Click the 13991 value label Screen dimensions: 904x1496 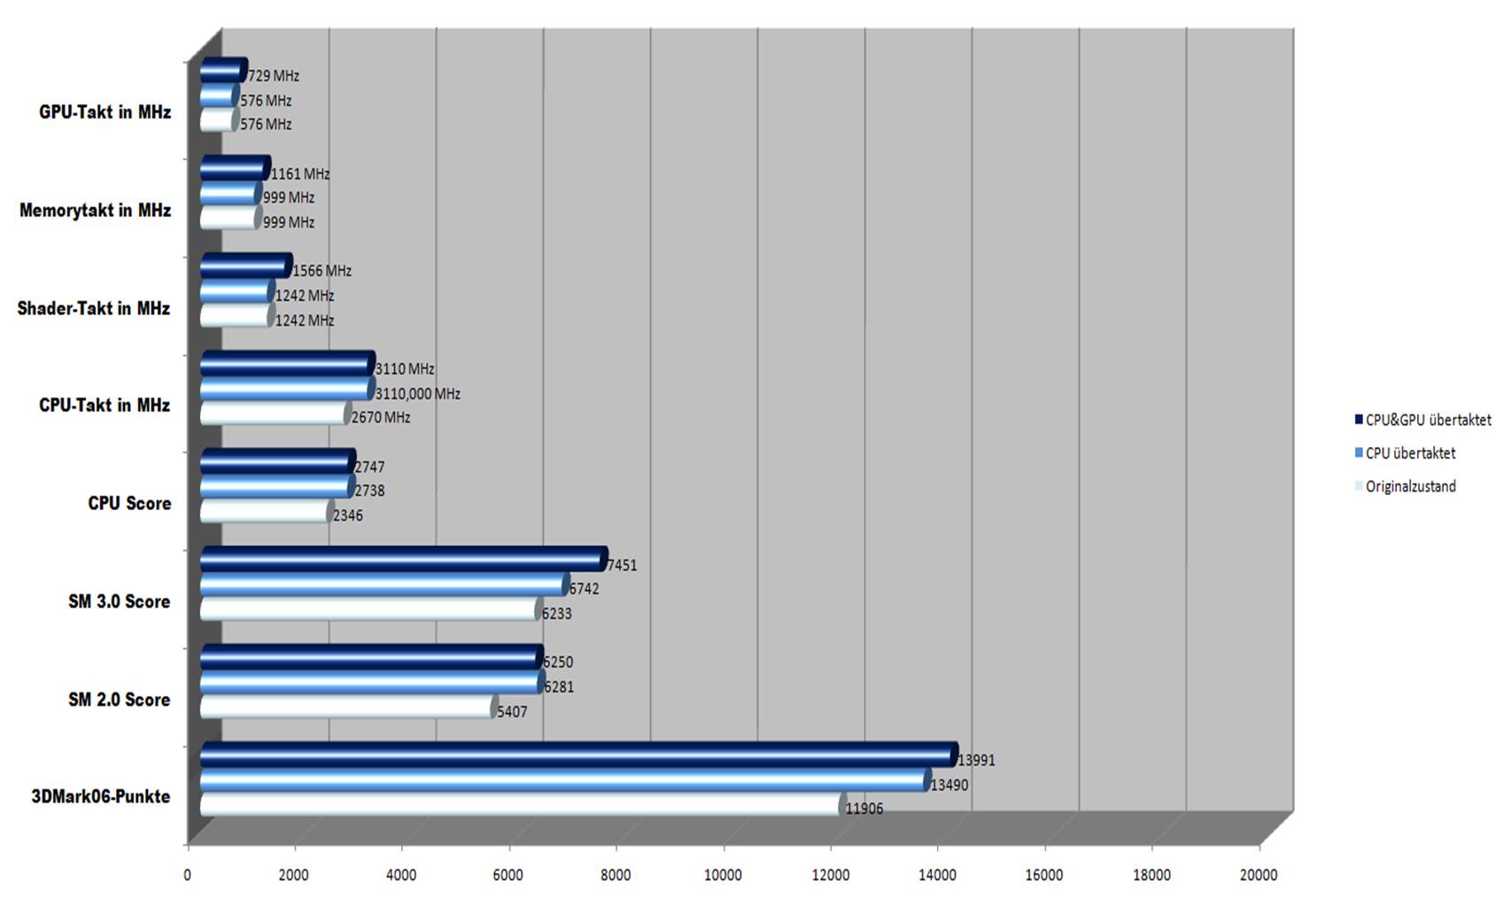pyautogui.click(x=977, y=760)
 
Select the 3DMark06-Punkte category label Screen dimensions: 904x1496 pyautogui.click(x=100, y=797)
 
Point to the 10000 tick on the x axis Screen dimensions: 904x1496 pyautogui.click(x=723, y=876)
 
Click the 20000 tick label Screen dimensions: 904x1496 pyautogui.click(x=1259, y=876)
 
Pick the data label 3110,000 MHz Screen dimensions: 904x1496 pyautogui.click(x=418, y=393)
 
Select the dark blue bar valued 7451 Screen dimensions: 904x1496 pyautogui.click(x=402, y=559)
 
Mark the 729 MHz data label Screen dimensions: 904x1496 pyautogui.click(x=274, y=76)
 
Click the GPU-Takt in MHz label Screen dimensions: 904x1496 pyautogui.click(x=105, y=112)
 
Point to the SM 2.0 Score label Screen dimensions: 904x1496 pyautogui.click(x=119, y=699)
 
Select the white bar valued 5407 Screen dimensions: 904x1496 pyautogui.click(x=346, y=707)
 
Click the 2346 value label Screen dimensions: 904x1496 pyautogui.click(x=348, y=515)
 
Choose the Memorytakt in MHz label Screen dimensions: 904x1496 pyautogui.click(x=95, y=211)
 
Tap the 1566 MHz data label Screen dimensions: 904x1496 pyautogui.click(x=322, y=271)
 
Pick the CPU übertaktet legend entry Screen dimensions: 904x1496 pyautogui.click(x=1410, y=453)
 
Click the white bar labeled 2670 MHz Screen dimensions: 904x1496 pyautogui.click(x=274, y=413)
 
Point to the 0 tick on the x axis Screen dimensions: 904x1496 pyautogui.click(x=187, y=876)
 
